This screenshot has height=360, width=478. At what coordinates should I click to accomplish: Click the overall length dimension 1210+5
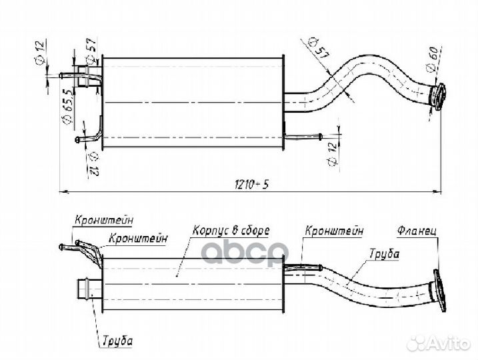(251, 184)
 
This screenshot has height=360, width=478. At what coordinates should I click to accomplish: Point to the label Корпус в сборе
(231, 231)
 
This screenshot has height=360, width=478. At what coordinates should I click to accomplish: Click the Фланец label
(417, 231)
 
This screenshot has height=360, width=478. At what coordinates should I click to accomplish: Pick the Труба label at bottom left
(118, 341)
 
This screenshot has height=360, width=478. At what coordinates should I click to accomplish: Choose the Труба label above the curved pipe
(384, 253)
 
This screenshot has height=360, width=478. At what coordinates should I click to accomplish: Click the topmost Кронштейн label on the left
(104, 220)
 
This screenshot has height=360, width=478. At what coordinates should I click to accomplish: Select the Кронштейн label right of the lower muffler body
(334, 231)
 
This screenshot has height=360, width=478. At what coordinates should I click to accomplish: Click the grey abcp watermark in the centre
(245, 251)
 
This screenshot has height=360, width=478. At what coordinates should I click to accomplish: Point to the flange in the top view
(439, 96)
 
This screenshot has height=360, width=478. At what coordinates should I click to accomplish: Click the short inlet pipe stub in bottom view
(89, 289)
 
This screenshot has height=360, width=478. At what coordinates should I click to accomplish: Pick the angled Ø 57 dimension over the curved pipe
(318, 48)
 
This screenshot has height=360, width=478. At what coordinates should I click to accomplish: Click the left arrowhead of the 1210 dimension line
(63, 192)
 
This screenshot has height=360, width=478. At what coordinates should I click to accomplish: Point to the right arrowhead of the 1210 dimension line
(437, 191)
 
